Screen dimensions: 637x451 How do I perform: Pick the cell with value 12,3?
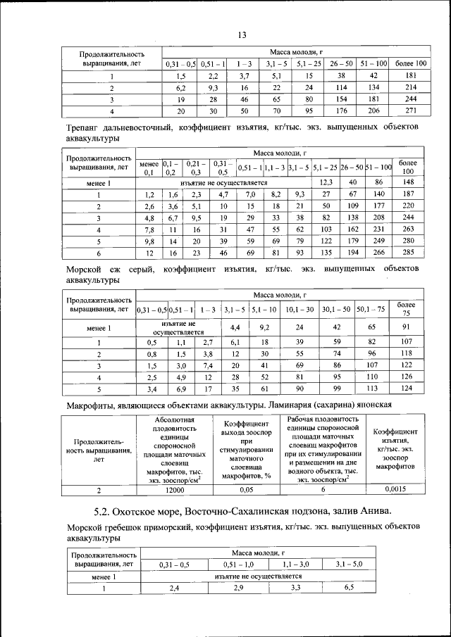pyautogui.click(x=326, y=182)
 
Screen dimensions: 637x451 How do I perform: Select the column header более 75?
pyautogui.click(x=406, y=308)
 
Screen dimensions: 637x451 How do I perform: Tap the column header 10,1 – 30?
pyautogui.click(x=299, y=308)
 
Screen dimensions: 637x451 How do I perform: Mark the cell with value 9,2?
pyautogui.click(x=265, y=327)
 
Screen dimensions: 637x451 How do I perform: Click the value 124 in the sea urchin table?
pyautogui.click(x=406, y=387)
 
